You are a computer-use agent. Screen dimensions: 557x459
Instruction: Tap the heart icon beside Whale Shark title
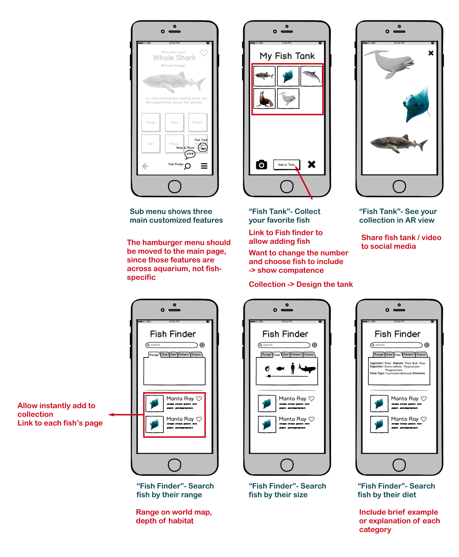204,53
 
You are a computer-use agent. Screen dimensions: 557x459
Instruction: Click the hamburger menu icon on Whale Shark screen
204,166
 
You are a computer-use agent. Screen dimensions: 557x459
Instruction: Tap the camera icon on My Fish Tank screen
261,165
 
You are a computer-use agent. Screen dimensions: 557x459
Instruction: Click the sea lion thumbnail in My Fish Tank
264,99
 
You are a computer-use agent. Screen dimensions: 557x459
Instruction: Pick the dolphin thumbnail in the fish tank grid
311,76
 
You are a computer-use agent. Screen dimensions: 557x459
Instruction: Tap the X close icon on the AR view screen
431,53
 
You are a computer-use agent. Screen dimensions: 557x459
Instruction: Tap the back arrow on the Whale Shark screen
145,166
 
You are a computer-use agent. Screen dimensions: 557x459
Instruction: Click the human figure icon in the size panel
292,368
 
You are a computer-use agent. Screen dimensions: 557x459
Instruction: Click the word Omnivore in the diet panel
418,373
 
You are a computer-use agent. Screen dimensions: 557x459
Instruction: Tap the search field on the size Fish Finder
284,345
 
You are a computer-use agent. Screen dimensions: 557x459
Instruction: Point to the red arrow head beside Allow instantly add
111,415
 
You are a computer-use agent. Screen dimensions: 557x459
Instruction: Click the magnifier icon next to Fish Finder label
187,166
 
